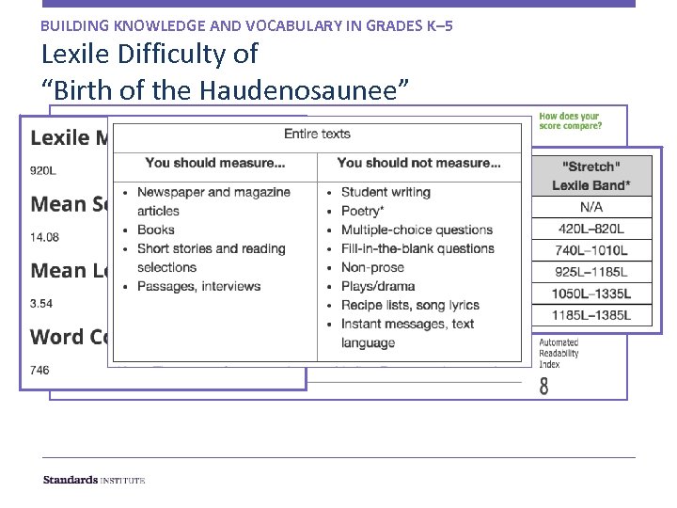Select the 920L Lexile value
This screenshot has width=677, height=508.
42,170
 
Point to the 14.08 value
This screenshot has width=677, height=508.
44,237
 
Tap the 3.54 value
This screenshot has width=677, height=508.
41,304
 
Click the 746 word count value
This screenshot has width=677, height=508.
39,370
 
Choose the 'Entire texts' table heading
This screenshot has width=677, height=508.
317,134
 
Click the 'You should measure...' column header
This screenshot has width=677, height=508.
216,163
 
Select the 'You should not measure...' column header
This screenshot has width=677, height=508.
419,163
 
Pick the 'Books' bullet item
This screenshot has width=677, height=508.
156,230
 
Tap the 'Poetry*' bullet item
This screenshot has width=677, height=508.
362,211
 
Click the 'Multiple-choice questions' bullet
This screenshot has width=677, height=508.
417,230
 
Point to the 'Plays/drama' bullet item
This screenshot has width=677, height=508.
377,286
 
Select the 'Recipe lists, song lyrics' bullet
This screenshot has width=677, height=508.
410,305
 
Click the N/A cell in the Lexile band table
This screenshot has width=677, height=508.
591,206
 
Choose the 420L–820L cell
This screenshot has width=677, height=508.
591,228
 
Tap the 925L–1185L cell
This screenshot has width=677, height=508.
591,272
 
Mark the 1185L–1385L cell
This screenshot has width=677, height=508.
591,315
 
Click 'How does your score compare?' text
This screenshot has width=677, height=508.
571,120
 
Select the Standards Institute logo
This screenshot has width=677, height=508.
94,480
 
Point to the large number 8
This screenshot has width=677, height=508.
544,386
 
